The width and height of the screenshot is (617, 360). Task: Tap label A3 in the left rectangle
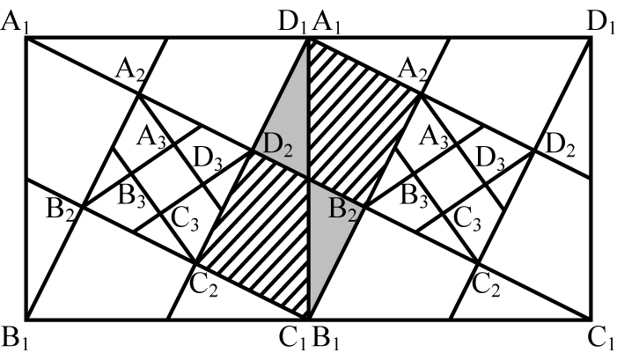click(x=151, y=139)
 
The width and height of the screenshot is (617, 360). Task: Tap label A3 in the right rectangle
click(x=434, y=139)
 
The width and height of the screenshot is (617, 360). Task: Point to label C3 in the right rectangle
click(x=467, y=219)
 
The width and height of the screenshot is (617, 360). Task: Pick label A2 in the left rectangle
click(x=130, y=71)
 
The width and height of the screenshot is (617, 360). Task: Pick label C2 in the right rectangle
click(x=486, y=285)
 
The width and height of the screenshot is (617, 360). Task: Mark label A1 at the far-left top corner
click(x=16, y=23)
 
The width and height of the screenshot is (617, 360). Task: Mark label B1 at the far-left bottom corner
click(x=16, y=338)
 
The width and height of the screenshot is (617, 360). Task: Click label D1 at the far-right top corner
click(x=600, y=23)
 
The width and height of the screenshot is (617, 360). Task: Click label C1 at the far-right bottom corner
click(x=601, y=338)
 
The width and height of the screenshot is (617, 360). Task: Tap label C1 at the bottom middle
click(x=292, y=338)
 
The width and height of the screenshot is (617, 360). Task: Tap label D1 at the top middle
click(x=292, y=23)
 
